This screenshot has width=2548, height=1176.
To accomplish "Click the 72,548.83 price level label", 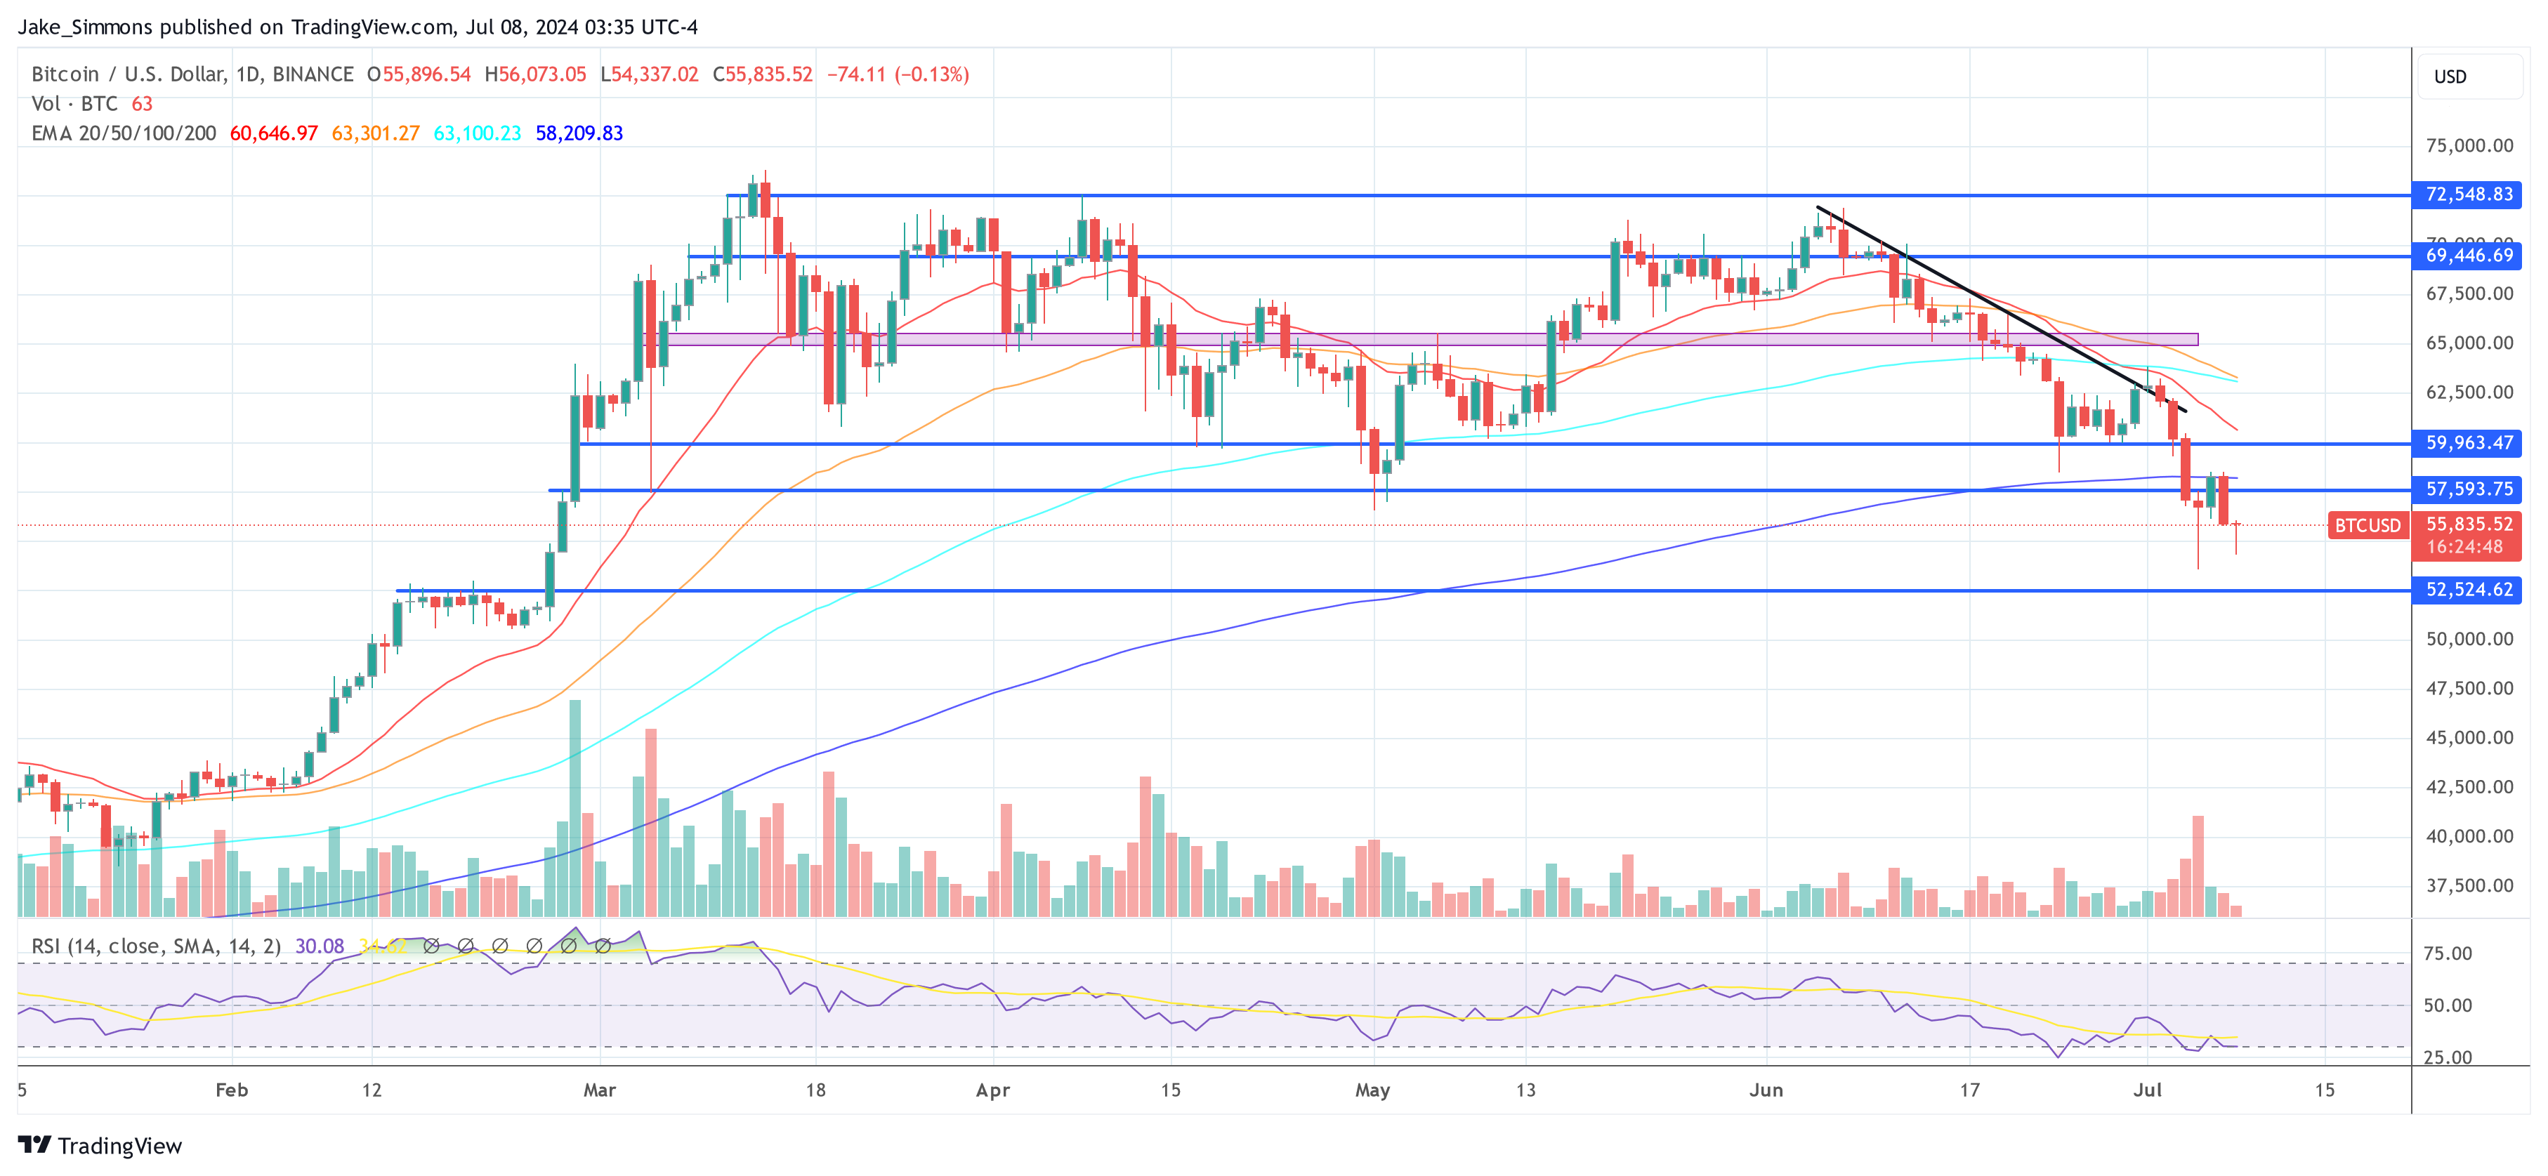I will (2468, 195).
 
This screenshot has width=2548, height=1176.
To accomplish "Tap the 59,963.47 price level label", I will (2468, 443).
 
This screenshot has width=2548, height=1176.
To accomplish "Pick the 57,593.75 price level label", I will (2468, 489).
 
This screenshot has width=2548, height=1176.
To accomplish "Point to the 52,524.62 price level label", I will (2468, 590).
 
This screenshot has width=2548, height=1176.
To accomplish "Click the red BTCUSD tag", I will (2367, 526).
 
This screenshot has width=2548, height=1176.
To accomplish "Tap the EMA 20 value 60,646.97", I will (274, 133).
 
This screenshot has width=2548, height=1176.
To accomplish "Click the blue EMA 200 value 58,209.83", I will (579, 133).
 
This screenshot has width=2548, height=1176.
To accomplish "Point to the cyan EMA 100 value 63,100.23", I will (477, 133).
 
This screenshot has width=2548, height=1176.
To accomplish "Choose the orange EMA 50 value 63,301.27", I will (375, 133).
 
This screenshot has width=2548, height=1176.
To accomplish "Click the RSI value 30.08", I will (320, 946).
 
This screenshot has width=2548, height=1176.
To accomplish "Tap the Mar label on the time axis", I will (599, 1090).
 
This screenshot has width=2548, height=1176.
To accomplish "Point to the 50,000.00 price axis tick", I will (2469, 639).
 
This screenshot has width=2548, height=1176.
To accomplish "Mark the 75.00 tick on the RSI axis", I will (2447, 953).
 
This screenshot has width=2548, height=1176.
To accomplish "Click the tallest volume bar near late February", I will (574, 806).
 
